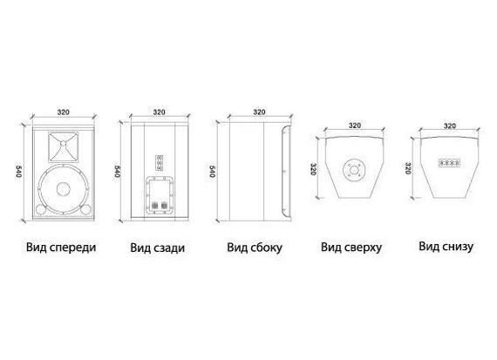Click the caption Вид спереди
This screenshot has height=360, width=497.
coord(61,248)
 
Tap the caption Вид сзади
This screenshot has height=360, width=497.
coord(158,248)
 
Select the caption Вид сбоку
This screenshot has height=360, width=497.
coord(255,248)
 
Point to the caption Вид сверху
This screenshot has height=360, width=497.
coord(351,248)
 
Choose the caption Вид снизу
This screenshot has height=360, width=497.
coord(446,246)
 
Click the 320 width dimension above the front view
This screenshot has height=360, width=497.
coord(64,112)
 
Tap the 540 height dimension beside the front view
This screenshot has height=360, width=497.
coord(19,171)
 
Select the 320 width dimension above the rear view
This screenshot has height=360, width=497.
coord(159,112)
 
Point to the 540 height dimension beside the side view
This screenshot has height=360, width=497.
coord(213,171)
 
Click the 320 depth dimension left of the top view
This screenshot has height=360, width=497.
coord(313,169)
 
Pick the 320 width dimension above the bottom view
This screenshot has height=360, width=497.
coord(450,126)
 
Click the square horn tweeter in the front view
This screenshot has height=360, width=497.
coord(64,147)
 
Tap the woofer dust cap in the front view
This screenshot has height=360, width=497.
coord(64,189)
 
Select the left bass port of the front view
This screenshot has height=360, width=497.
coord(41,209)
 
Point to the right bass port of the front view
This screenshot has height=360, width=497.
coord(85,209)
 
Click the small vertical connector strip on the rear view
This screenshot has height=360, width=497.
coord(159,163)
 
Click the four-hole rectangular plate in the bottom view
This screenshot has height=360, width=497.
coord(449,163)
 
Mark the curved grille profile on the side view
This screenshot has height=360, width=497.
coord(282,172)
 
